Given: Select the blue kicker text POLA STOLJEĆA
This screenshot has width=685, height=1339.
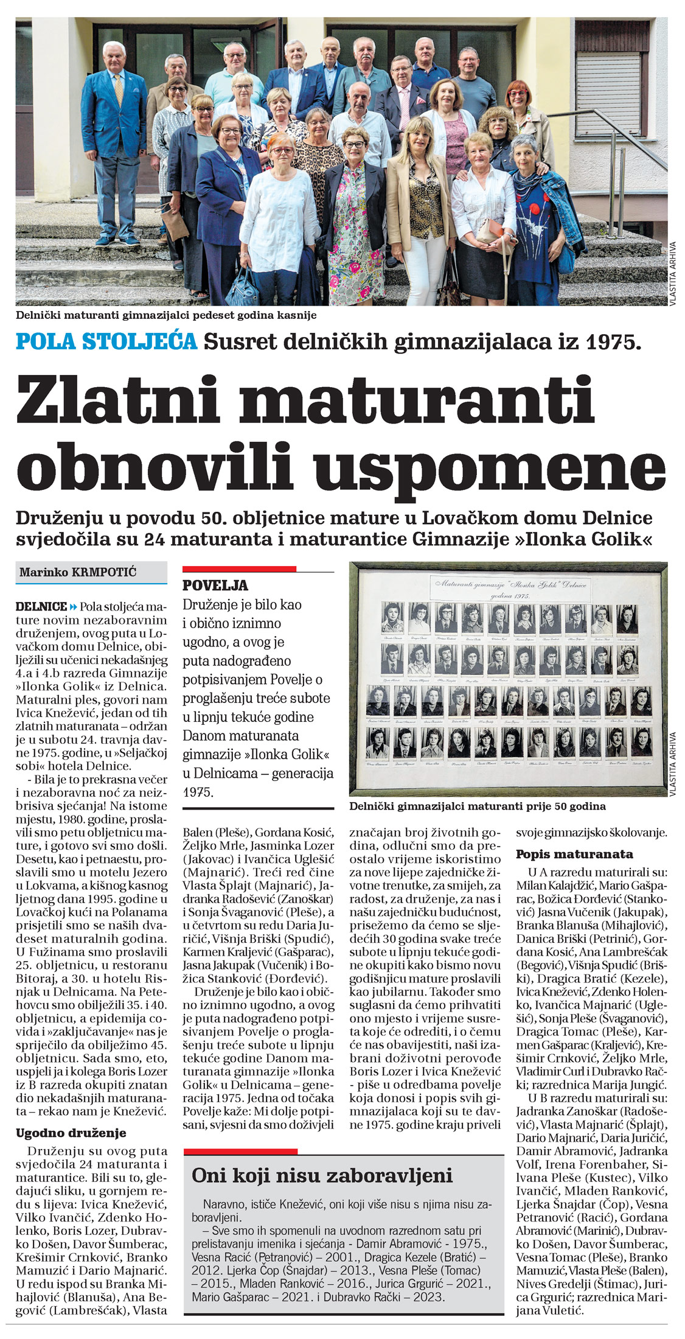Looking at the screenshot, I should (106, 341).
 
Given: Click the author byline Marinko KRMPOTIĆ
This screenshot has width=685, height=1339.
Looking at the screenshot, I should (78, 572).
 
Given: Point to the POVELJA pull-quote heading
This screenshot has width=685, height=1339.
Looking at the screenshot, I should (215, 586).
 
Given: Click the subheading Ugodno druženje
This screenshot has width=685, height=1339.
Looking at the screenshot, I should (71, 1133).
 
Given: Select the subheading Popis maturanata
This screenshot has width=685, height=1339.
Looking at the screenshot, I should (574, 854).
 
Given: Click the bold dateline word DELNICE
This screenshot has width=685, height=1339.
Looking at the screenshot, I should (41, 607).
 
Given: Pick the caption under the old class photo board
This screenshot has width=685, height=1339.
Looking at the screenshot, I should (478, 806).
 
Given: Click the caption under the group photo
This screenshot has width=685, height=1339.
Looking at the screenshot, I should (166, 315).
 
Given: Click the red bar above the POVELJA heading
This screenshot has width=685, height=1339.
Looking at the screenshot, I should (239, 569).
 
